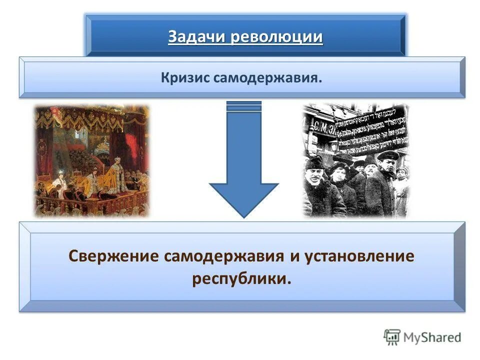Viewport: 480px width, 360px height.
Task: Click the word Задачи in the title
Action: pos(197,37)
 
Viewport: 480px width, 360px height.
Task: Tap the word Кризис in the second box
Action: pos(185,78)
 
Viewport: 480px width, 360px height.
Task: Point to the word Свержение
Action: pos(112,256)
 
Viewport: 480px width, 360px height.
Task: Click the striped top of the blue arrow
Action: pos(243,106)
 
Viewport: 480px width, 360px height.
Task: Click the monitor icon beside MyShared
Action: pos(392,337)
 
